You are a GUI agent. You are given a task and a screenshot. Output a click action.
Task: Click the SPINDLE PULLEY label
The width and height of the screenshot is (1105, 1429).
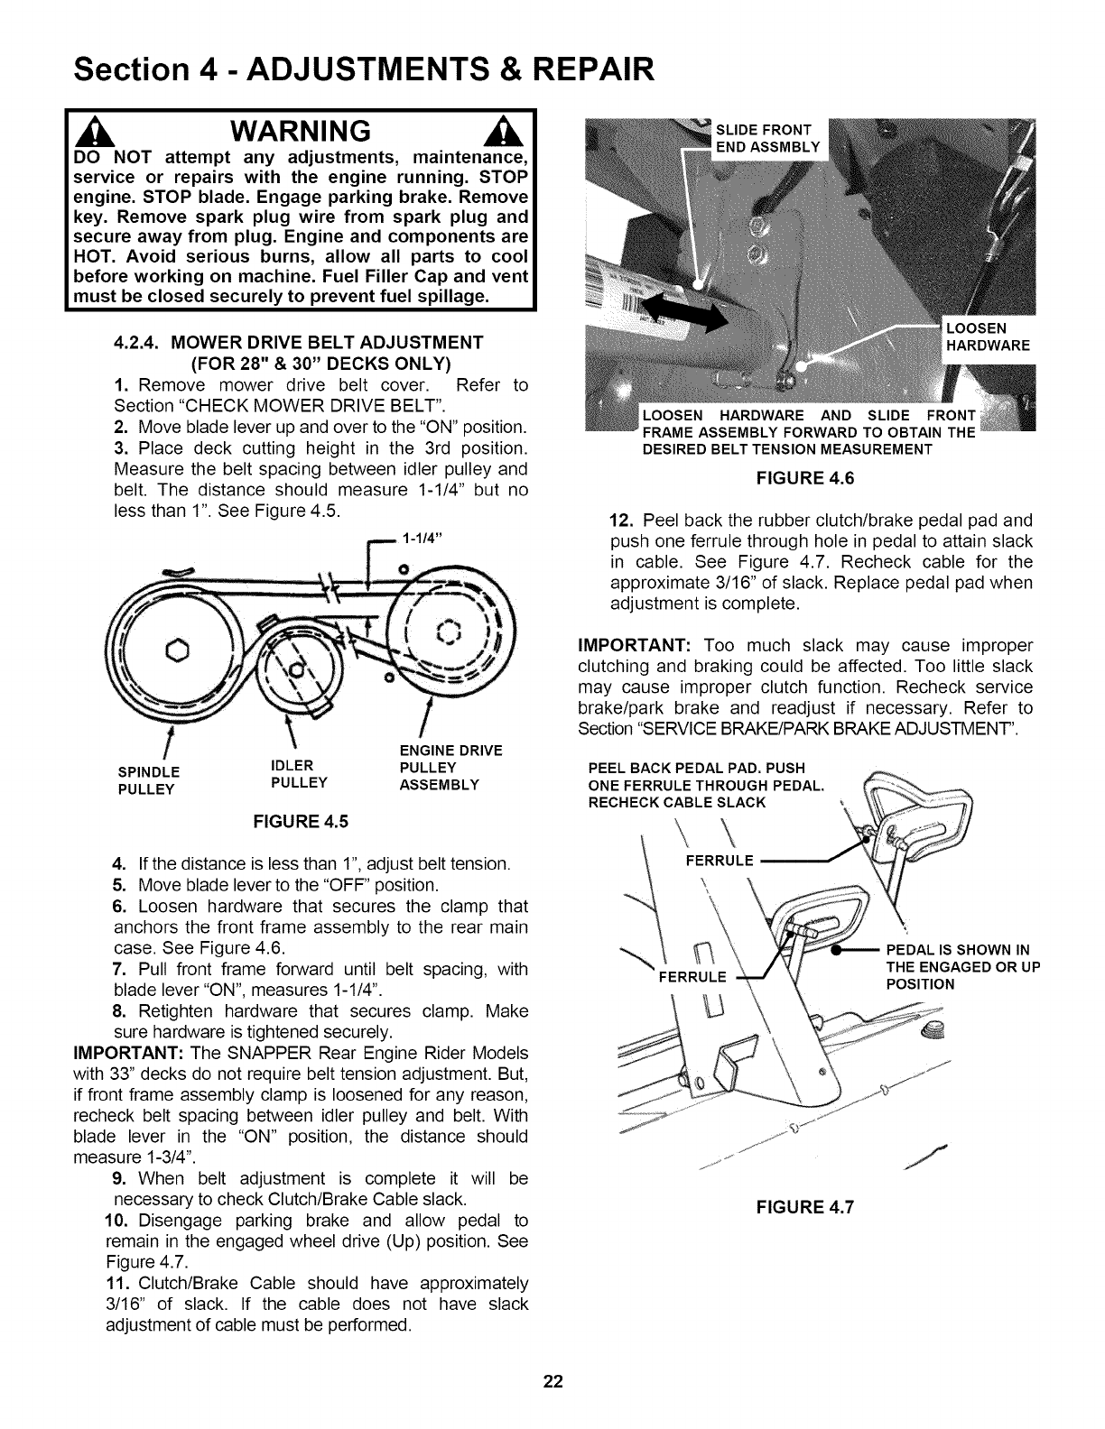149,780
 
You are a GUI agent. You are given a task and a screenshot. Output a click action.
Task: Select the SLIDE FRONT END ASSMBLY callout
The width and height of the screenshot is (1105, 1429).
767,139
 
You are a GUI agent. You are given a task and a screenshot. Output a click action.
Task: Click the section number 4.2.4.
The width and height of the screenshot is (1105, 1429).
138,343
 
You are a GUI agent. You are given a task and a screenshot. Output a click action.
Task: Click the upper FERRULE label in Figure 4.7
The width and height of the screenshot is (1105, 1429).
719,861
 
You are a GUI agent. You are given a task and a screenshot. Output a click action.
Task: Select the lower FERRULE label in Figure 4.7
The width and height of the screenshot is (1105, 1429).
692,976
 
